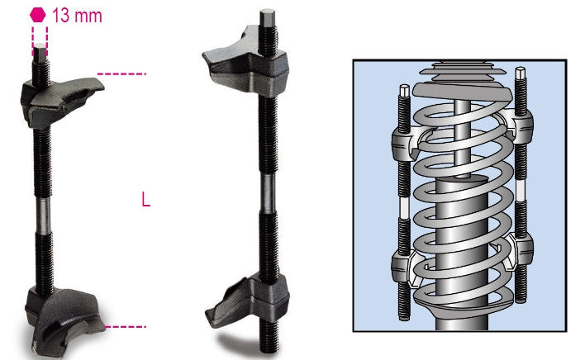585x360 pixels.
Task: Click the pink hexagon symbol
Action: (x=37, y=14)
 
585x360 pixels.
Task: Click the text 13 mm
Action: (x=78, y=14)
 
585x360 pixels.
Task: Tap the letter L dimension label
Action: (x=146, y=200)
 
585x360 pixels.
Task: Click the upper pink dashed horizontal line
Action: (x=121, y=74)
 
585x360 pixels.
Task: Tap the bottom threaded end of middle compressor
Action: (x=266, y=334)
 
